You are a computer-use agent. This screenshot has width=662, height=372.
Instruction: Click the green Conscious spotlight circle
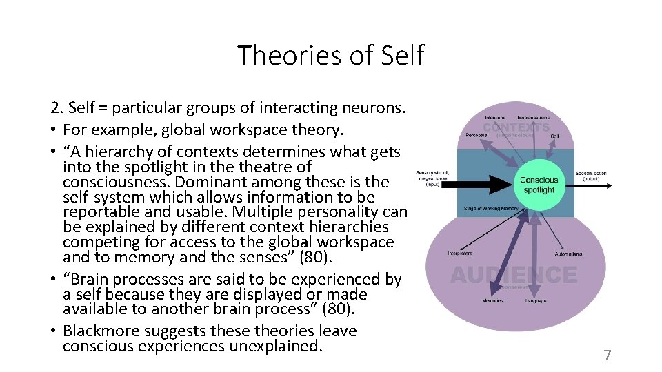pos(539,185)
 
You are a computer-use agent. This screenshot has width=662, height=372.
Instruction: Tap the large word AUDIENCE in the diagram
pos(513,276)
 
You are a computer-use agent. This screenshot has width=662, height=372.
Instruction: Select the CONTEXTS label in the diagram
pos(516,127)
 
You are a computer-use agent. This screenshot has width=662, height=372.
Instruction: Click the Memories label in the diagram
pos(492,301)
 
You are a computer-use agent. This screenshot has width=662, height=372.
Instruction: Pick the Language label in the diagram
pos(536,301)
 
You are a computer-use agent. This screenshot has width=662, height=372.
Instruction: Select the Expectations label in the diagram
pos(534,118)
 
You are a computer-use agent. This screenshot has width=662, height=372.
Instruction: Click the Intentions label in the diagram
pos(494,118)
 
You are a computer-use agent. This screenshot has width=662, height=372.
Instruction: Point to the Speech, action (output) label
pos(591,176)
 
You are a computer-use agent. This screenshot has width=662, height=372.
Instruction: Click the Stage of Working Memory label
pos(492,209)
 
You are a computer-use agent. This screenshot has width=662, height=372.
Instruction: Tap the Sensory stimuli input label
pos(432,178)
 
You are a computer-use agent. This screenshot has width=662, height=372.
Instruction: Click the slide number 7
pos(607,355)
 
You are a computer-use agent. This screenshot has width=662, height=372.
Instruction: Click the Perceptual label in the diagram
pos(477,135)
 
